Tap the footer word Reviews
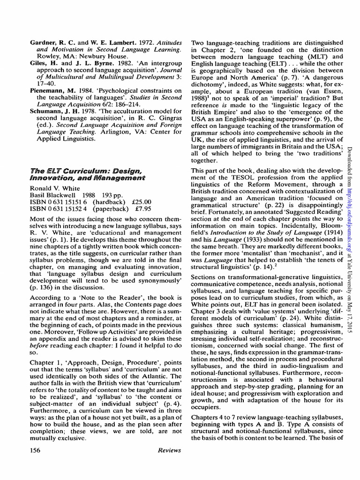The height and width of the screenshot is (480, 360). pyautogui.click(x=170, y=450)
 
